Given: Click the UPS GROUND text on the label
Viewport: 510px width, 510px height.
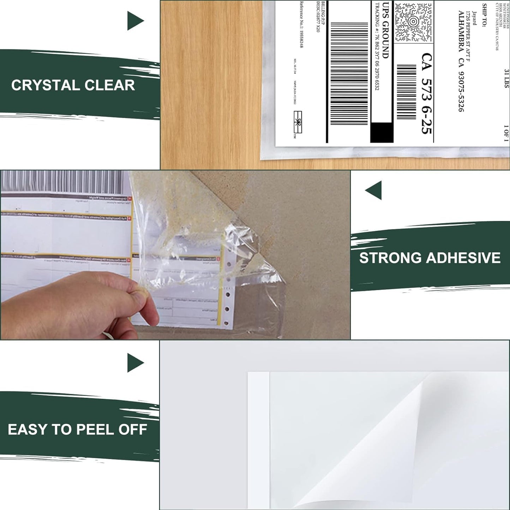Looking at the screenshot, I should pyautogui.click(x=386, y=30).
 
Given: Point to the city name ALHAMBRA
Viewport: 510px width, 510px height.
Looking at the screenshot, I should pyautogui.click(x=461, y=32).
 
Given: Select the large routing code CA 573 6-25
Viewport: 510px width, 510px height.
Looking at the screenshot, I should pyautogui.click(x=427, y=94).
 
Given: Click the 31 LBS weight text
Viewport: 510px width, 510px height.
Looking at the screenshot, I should pyautogui.click(x=506, y=78).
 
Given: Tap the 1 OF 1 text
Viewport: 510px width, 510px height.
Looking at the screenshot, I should pyautogui.click(x=506, y=133).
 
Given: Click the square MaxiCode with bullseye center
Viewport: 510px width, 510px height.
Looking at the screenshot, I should pyautogui.click(x=413, y=22).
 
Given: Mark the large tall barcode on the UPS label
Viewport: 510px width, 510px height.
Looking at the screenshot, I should pyautogui.click(x=349, y=74).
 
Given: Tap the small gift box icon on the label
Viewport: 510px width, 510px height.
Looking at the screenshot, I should pyautogui.click(x=298, y=122).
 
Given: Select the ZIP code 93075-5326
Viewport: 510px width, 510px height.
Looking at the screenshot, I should pyautogui.click(x=461, y=92).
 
